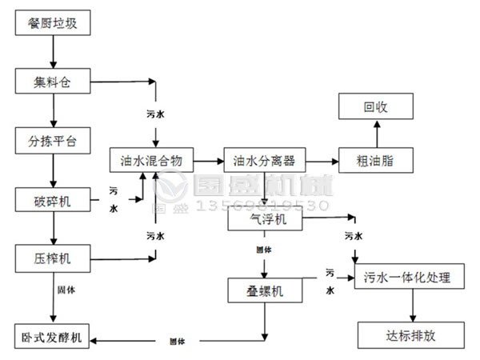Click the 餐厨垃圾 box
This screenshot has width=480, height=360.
click(54, 23)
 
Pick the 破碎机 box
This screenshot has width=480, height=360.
click(54, 200)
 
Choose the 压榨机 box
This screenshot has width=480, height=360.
click(54, 258)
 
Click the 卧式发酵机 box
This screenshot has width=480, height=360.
click(54, 335)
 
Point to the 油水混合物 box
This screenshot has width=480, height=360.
click(151, 161)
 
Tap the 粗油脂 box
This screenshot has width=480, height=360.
click(374, 161)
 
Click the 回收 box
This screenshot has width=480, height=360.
click(374, 106)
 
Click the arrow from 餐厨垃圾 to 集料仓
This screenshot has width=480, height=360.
click(54, 52)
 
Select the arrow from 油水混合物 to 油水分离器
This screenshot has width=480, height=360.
click(207, 161)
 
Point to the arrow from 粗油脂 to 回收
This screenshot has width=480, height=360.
click(374, 133)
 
